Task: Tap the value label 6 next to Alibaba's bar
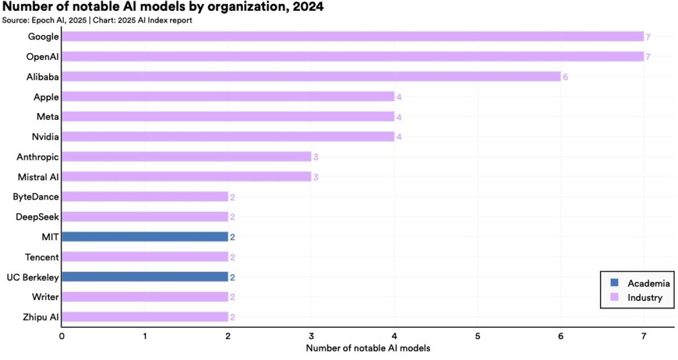pos(565,77)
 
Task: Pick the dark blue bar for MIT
pos(145,237)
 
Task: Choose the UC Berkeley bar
pos(145,277)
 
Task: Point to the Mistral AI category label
pos(38,177)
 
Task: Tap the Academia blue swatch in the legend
pos(615,283)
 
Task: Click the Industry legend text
pos(645,298)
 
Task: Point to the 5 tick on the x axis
pos(477,336)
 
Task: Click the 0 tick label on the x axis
pos(62,336)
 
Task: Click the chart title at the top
pos(163,7)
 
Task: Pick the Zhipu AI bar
pos(145,317)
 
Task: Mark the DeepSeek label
pos(36,217)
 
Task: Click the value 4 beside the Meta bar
pos(399,117)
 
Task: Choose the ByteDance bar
pos(145,197)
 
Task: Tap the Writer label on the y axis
pos(45,297)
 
